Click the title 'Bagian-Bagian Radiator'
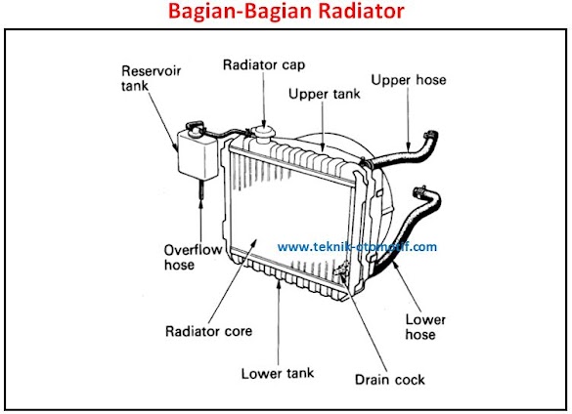[x=286, y=11]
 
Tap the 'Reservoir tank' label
[x=151, y=78]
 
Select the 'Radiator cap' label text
[x=264, y=64]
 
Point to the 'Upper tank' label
[x=325, y=94]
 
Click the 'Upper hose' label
[x=409, y=79]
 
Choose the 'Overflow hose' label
[x=193, y=258]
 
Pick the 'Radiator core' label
[x=208, y=331]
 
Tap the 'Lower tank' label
[x=278, y=373]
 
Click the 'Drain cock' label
[x=390, y=380]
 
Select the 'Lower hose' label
[x=425, y=327]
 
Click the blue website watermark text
[x=357, y=247]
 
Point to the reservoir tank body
[x=198, y=156]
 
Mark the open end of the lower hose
[x=419, y=191]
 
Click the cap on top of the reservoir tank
[x=194, y=126]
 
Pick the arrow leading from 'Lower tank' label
[x=279, y=322]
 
